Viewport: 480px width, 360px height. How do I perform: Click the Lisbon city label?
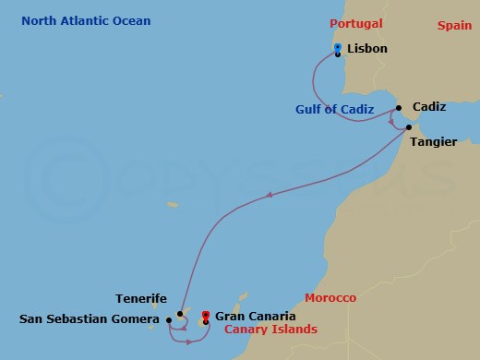[367, 48]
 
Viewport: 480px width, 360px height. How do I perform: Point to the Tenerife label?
[141, 299]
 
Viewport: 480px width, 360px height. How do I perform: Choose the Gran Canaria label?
[255, 316]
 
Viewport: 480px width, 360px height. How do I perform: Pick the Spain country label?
[454, 26]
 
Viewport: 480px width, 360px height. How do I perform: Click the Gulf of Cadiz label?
[334, 109]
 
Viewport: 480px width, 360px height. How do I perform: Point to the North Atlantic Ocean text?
[86, 20]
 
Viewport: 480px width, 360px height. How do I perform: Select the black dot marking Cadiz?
[399, 106]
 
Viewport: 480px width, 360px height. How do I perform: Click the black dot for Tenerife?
[180, 314]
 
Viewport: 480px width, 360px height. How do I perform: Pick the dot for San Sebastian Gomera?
[169, 320]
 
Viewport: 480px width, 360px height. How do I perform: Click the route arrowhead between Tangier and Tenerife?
[269, 196]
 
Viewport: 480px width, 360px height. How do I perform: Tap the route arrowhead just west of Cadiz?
[391, 122]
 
